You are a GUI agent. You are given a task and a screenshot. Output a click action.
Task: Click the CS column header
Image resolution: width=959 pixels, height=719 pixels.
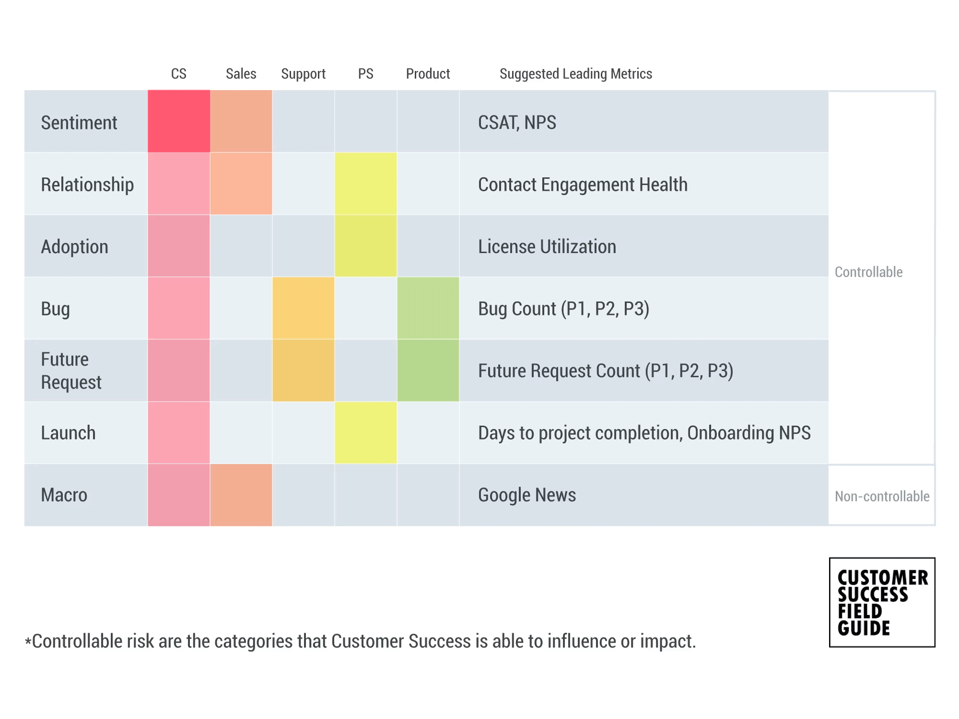(178, 74)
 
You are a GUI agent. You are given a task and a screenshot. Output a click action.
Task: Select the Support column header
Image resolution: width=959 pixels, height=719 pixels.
(303, 74)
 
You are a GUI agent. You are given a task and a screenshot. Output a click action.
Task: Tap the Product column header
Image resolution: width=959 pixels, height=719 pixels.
(428, 74)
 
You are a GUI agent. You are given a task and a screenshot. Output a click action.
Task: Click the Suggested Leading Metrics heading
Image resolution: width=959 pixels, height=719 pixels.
(575, 74)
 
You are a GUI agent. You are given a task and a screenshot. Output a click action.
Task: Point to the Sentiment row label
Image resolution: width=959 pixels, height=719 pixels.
(79, 123)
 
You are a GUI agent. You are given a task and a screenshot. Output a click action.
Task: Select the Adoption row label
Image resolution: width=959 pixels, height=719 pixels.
(75, 247)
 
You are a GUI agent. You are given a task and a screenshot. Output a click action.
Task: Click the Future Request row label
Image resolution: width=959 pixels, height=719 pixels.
(71, 371)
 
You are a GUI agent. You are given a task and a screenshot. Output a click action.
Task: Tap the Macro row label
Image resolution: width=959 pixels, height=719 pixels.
(64, 495)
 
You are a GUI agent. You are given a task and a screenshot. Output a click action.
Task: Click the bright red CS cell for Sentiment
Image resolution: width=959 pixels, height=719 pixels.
(179, 121)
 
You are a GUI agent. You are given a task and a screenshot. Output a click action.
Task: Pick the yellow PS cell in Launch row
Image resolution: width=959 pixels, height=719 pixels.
(366, 432)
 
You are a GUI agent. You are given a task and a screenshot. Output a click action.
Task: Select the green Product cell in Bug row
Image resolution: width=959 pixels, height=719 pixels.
(428, 308)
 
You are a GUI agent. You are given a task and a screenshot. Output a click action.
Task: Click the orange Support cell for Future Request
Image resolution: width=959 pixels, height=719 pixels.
(304, 371)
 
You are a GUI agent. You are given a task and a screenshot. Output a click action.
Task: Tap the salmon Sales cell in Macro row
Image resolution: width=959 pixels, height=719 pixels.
(241, 495)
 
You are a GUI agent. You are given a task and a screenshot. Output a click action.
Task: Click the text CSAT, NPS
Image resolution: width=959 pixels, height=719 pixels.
(517, 123)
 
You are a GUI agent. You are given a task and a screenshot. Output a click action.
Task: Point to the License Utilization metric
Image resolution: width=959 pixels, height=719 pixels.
(547, 247)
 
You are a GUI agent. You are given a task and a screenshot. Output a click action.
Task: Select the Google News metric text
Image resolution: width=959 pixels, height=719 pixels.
(527, 495)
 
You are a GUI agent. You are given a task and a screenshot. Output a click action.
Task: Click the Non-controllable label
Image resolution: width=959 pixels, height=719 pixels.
(882, 496)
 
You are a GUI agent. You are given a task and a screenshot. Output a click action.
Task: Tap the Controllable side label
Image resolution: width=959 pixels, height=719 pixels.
(868, 272)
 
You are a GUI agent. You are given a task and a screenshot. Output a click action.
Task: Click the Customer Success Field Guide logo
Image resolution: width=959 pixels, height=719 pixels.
(882, 602)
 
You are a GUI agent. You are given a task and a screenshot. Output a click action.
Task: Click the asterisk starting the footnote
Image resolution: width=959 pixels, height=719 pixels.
(28, 641)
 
